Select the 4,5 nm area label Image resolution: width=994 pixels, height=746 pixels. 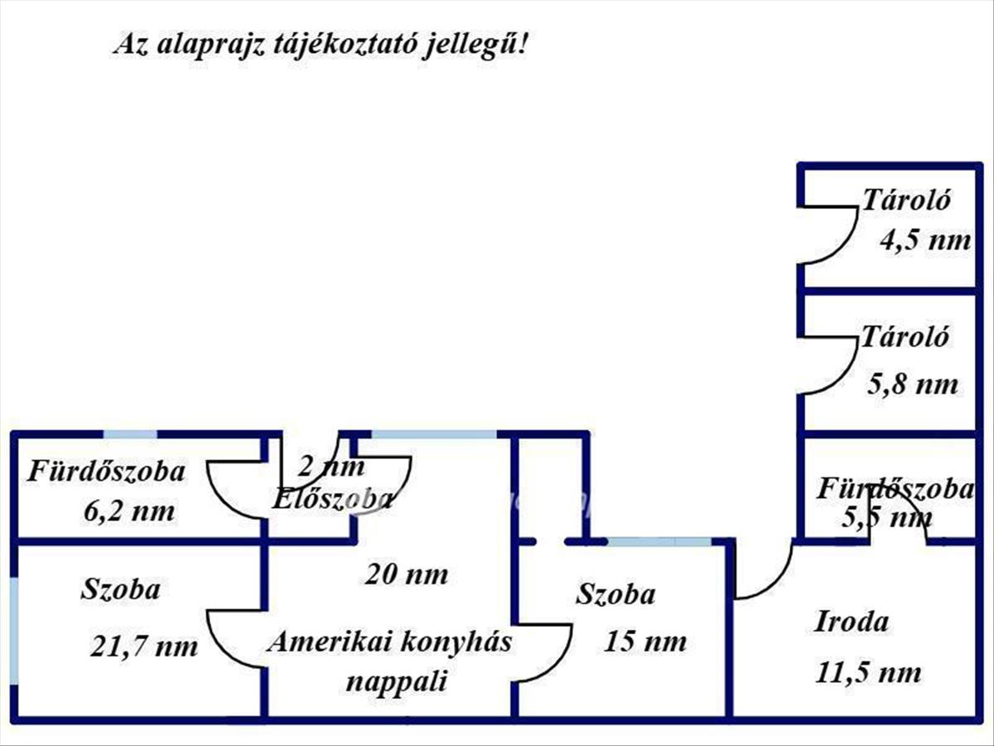[x=925, y=240]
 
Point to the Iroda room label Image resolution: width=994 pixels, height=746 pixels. [x=852, y=622]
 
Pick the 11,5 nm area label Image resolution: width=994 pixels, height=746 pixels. [x=868, y=672]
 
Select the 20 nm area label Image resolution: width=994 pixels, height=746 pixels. [x=406, y=574]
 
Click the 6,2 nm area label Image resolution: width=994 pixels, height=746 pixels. [x=129, y=511]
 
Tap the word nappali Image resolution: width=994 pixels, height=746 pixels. [x=396, y=682]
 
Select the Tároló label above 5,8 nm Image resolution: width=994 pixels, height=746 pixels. [x=905, y=337]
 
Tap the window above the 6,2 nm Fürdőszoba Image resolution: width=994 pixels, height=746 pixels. [x=130, y=435]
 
